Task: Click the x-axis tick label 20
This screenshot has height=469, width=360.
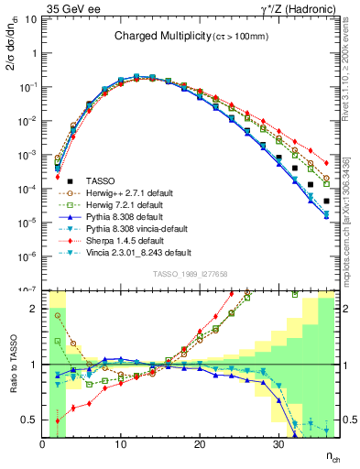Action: pos(200,444)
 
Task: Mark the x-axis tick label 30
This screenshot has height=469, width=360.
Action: pos(278,444)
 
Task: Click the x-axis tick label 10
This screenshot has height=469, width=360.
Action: pos(121,444)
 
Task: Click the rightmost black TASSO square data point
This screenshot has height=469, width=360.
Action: pos(326,201)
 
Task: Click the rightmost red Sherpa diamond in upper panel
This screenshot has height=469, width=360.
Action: pos(326,164)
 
